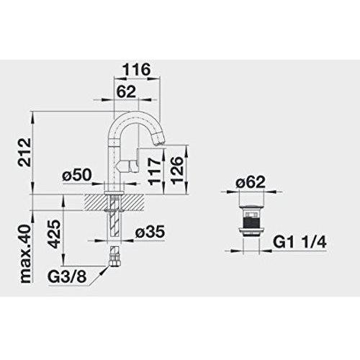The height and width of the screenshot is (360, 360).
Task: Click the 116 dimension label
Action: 136,69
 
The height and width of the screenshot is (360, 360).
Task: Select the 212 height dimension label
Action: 24,152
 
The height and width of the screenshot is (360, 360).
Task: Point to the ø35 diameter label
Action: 150,232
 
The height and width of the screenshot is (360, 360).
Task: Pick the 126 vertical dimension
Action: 177,170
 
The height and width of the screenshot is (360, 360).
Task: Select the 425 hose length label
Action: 53,234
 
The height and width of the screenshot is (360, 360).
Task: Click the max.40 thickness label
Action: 26,254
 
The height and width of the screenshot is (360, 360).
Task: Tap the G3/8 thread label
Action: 67,277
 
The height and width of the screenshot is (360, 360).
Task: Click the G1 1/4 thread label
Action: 300,243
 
